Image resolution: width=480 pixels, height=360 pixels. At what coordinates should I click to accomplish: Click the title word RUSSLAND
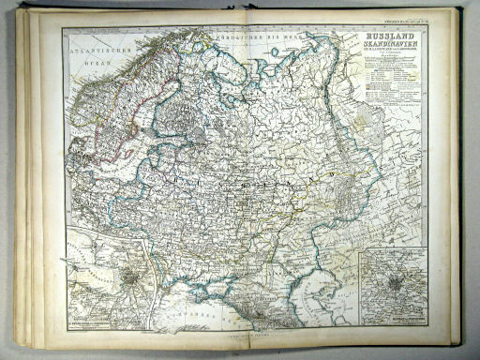tap(388, 35)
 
